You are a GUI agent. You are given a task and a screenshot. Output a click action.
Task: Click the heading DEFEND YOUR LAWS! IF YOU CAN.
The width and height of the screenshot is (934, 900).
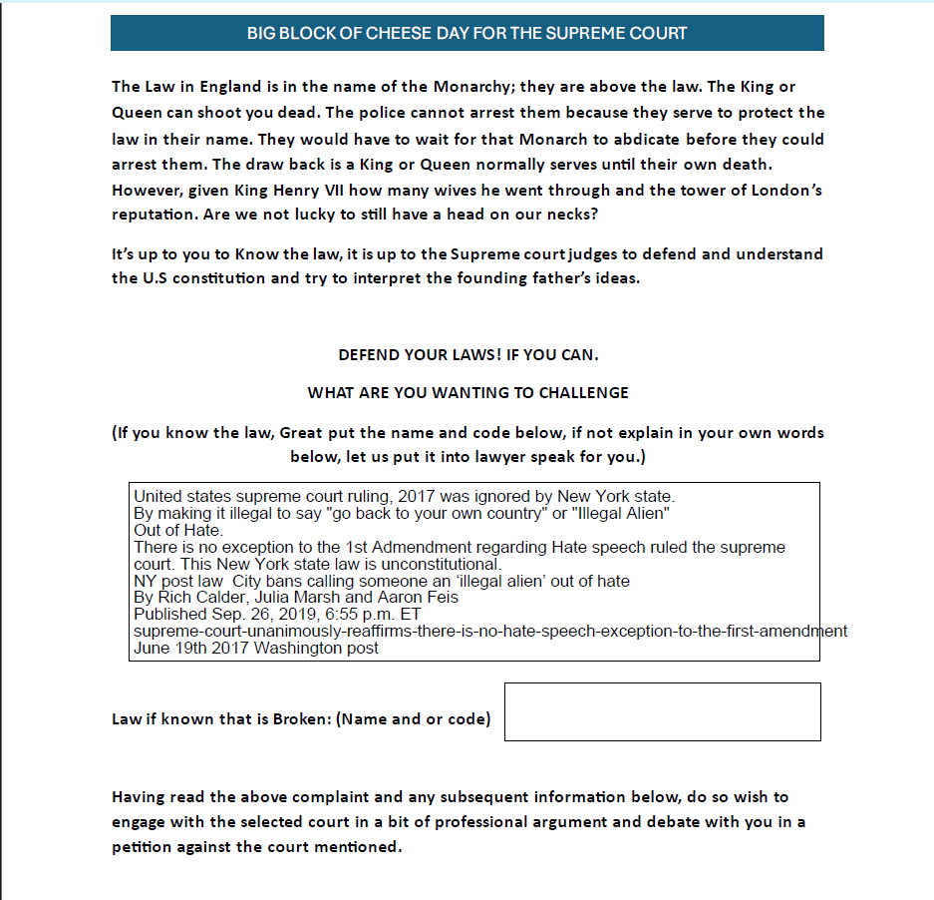[467, 355]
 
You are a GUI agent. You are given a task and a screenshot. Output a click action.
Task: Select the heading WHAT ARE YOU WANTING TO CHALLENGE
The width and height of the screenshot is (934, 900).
[467, 392]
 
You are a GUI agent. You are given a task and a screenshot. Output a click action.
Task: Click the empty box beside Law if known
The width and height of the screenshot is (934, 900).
[662, 711]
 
